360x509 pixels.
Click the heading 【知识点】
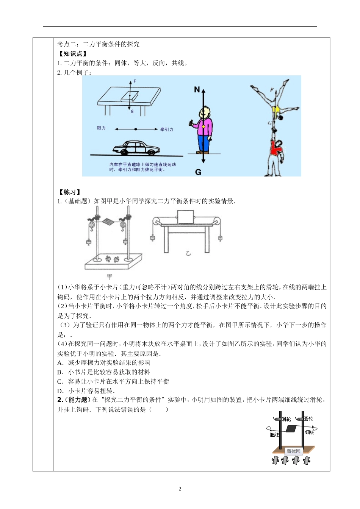(x=72, y=54)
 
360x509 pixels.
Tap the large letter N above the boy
(x=197, y=90)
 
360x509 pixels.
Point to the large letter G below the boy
(x=198, y=172)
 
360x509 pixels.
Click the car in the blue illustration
(x=135, y=148)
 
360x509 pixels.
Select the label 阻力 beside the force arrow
(x=101, y=128)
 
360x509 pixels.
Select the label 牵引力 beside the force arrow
(x=167, y=130)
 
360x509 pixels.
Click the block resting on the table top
(x=129, y=96)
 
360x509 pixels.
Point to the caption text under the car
(x=142, y=167)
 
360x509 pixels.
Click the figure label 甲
(x=110, y=276)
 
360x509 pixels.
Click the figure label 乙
(x=188, y=253)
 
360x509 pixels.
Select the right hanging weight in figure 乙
(x=220, y=238)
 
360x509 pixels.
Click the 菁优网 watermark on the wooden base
(x=293, y=451)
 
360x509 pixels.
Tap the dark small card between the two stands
(x=291, y=429)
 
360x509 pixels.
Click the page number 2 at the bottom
(x=180, y=489)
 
